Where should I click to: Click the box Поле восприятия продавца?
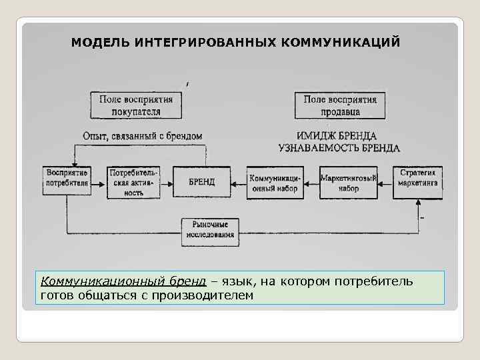tap(341, 105)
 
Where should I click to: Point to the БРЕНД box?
tap(201, 182)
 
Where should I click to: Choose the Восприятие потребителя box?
tap(67, 178)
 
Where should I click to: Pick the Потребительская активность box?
tap(133, 182)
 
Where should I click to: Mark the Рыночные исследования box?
tap(210, 231)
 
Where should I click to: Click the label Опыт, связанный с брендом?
tap(142, 136)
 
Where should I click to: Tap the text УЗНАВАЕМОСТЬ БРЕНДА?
tap(339, 148)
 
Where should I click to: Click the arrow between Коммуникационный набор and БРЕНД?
tap(238, 182)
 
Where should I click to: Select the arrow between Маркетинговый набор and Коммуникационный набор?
tap(311, 182)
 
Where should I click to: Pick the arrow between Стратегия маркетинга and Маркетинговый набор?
tap(385, 182)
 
